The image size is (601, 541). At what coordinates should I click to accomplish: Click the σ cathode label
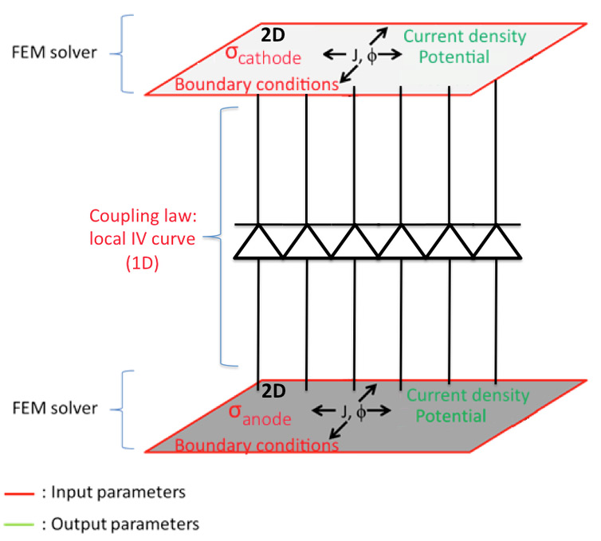click(263, 56)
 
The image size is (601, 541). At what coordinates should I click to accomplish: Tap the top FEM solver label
click(54, 53)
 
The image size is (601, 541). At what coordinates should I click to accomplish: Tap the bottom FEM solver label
click(55, 408)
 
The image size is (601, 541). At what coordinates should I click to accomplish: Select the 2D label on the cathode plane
click(273, 35)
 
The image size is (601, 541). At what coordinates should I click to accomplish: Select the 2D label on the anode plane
click(273, 390)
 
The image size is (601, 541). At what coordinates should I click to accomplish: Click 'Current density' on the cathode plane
click(465, 37)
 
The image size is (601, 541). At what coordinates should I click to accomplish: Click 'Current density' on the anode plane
click(468, 396)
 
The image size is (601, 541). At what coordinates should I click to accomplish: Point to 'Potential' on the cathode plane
click(454, 57)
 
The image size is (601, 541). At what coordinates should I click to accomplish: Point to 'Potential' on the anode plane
click(451, 416)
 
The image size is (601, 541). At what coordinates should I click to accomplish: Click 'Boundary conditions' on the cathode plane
click(257, 84)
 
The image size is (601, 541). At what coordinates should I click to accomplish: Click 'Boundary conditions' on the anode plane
click(257, 445)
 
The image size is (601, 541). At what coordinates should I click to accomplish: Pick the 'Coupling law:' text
click(143, 216)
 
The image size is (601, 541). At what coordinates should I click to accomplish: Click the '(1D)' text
click(142, 264)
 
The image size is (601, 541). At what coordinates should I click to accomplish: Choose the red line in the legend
click(19, 494)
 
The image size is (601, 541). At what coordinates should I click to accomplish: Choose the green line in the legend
click(19, 524)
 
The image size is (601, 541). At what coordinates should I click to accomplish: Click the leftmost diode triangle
click(259, 241)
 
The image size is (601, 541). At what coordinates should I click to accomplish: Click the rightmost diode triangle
click(497, 241)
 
